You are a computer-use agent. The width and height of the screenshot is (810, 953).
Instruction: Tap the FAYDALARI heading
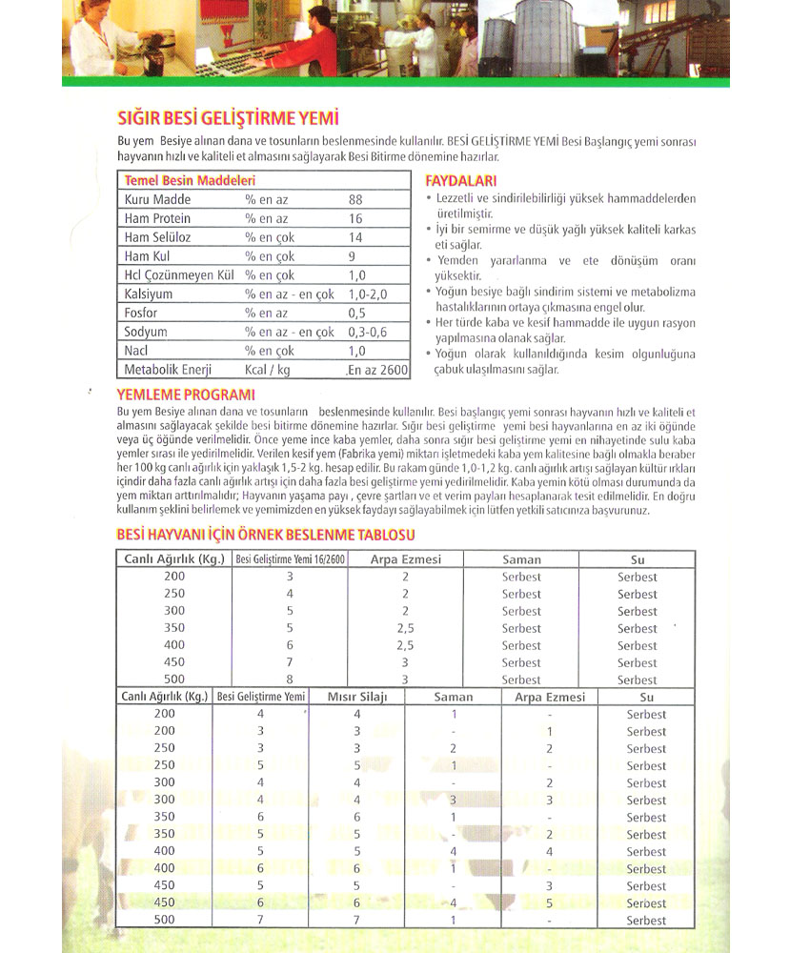coord(461,181)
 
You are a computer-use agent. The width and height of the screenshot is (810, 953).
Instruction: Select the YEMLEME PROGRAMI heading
coord(185,395)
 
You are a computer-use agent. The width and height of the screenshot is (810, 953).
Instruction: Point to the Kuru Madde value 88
coord(355,199)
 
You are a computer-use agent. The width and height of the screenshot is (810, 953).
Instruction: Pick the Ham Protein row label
coord(157,218)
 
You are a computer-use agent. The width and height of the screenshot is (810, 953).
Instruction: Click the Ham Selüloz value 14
coord(355,237)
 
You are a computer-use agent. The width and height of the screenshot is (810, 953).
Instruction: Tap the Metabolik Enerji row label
coord(168,370)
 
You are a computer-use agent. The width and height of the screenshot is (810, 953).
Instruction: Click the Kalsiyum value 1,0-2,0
coord(367,294)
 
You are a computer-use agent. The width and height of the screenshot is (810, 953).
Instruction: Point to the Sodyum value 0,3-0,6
coord(367,332)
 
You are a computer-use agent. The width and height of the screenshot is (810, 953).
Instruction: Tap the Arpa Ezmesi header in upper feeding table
coord(406,559)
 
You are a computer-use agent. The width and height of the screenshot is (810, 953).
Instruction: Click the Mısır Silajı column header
coord(357,697)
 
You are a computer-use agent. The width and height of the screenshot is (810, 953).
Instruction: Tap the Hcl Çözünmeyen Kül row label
coord(179,275)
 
